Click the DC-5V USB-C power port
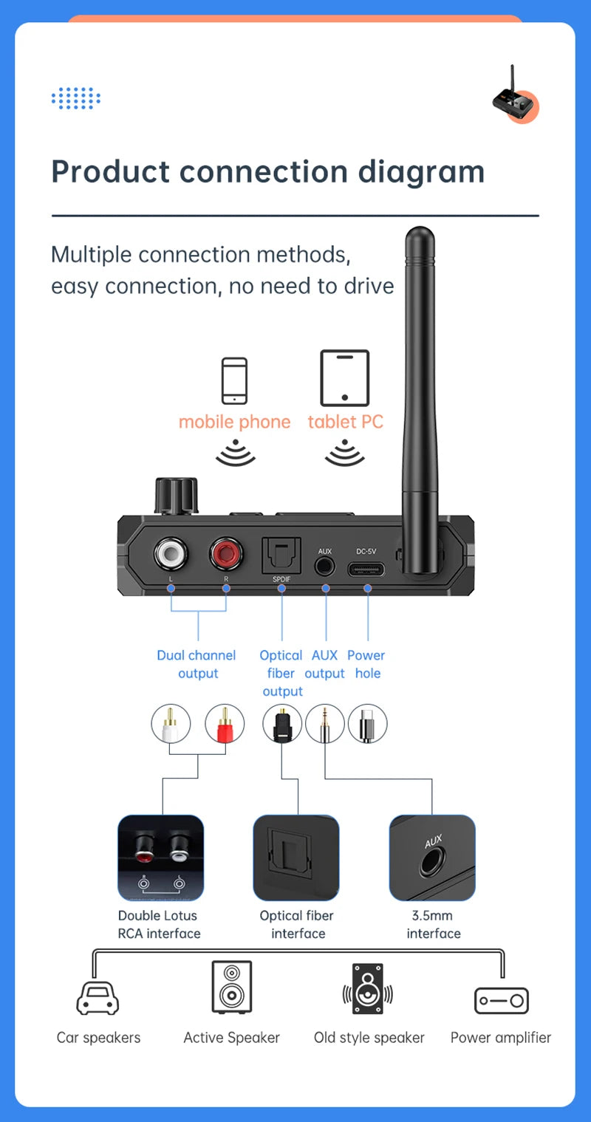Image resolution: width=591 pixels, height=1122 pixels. pyautogui.click(x=367, y=569)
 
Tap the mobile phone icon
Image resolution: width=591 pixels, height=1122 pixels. pyautogui.click(x=235, y=380)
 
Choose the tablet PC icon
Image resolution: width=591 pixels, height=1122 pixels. pyautogui.click(x=344, y=377)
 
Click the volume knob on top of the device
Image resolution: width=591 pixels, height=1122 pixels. pyautogui.click(x=176, y=495)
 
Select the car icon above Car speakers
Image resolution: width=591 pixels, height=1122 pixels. pyautogui.click(x=98, y=998)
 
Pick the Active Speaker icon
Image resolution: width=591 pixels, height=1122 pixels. pyautogui.click(x=232, y=987)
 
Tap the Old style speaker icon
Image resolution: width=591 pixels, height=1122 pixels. pyautogui.click(x=368, y=989)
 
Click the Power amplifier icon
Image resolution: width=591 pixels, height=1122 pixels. pyautogui.click(x=502, y=1000)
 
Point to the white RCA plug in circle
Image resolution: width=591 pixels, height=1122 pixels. pyautogui.click(x=171, y=723)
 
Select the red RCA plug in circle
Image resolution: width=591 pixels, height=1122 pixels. pyautogui.click(x=225, y=723)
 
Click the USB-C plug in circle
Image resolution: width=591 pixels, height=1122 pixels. pyautogui.click(x=368, y=723)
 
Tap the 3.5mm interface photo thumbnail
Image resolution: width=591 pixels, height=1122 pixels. pyautogui.click(x=432, y=858)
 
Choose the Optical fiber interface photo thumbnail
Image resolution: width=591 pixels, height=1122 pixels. pyautogui.click(x=296, y=858)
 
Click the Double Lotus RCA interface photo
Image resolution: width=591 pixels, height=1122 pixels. pyautogui.click(x=160, y=858)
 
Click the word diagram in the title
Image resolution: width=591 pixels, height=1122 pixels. pyautogui.click(x=421, y=171)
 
